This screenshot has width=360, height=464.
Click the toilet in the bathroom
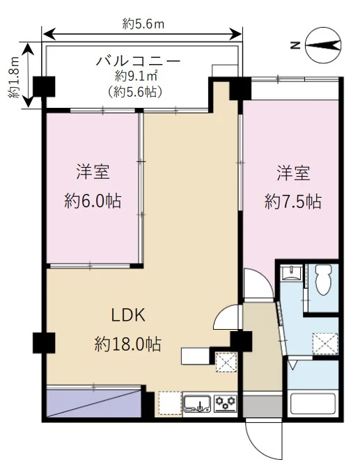(x=323, y=280)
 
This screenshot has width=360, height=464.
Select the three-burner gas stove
(x=226, y=403)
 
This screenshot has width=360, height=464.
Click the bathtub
(x=313, y=403)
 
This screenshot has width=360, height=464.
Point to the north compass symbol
(x=323, y=45)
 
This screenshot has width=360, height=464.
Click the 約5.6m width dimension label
(x=143, y=24)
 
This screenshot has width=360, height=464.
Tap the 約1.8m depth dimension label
(x=14, y=77)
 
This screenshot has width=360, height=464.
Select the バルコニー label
(x=138, y=61)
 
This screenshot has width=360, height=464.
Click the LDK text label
(x=128, y=315)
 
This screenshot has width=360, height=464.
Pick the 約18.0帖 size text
(x=128, y=344)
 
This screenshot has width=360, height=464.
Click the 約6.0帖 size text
(x=93, y=201)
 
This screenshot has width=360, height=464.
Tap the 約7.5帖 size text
(x=293, y=202)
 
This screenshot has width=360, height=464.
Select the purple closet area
(x=93, y=403)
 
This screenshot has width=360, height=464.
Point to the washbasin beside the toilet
(x=292, y=272)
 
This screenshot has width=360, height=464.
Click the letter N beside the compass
(x=295, y=45)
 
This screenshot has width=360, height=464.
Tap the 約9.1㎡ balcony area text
(x=136, y=77)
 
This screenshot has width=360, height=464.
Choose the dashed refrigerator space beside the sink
(x=170, y=403)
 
